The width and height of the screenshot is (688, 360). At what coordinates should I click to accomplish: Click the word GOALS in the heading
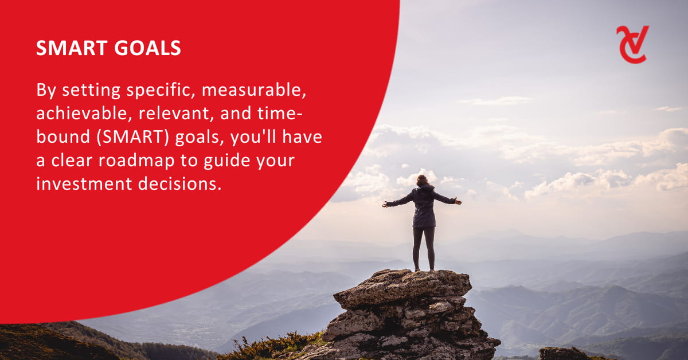coord(148,48)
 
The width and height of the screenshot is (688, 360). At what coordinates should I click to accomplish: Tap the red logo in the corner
coord(632,45)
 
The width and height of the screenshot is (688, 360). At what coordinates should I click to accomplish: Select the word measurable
coord(253,91)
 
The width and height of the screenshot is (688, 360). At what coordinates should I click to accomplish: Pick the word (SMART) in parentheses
coord(132,138)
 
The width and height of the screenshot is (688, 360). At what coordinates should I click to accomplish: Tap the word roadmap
coord(136,161)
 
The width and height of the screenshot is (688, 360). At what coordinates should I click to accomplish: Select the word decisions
coord(179,184)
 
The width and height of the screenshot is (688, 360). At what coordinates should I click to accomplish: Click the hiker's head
coord(423,180)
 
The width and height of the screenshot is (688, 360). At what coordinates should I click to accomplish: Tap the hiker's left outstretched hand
coord(385,205)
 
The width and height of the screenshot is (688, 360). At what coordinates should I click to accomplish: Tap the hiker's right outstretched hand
coord(458,202)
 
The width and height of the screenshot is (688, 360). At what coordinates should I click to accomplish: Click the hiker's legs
coord(424,248)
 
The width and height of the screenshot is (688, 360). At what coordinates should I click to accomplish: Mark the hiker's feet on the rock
coord(424,269)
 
